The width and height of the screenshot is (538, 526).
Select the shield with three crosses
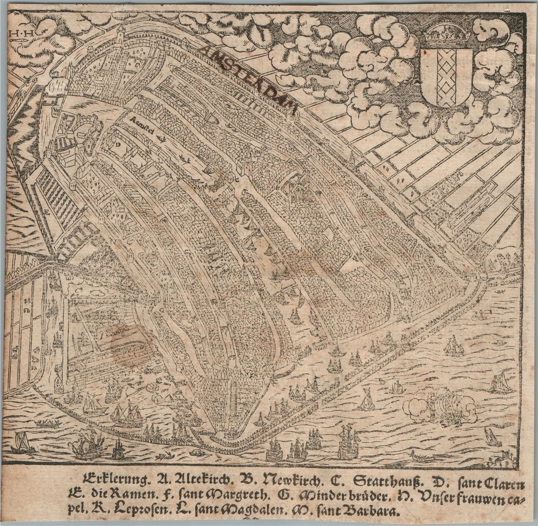pos(447,76)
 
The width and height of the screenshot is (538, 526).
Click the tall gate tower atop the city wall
pos(120,35)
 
